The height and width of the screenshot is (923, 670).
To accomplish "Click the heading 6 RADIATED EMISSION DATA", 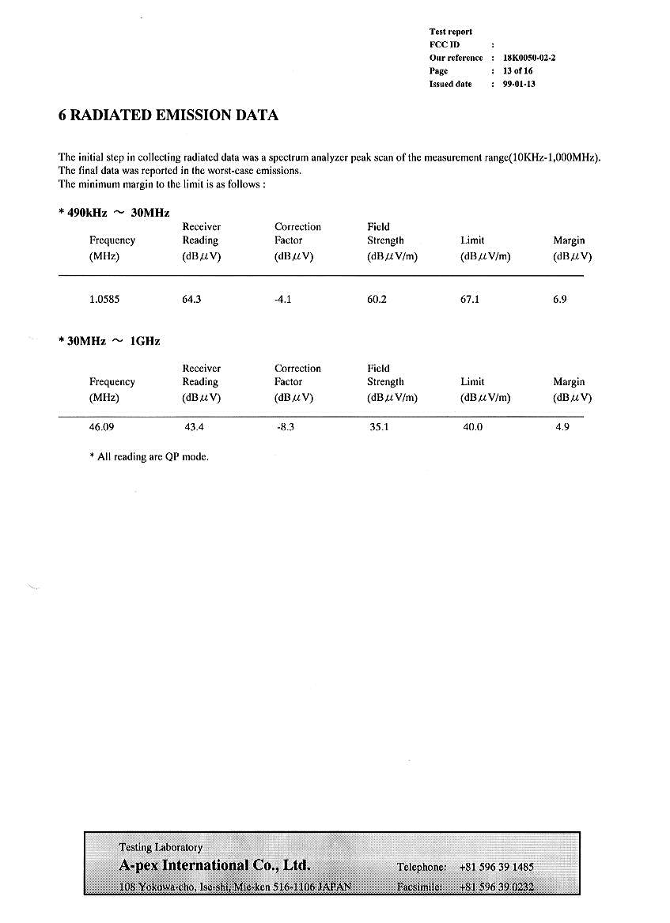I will (x=168, y=115).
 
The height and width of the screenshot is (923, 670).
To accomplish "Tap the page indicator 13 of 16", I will (x=517, y=71).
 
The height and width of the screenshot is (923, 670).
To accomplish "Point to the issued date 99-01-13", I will (x=519, y=84).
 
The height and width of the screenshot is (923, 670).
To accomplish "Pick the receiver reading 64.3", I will (x=192, y=300).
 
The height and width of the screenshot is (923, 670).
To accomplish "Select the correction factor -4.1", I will (x=282, y=300).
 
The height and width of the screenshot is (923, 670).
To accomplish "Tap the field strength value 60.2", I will (x=377, y=300).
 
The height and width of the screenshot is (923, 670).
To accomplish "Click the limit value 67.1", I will (x=470, y=300).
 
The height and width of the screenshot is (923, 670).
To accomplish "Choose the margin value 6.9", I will (x=559, y=300).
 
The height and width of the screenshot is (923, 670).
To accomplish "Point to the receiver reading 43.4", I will (x=194, y=427).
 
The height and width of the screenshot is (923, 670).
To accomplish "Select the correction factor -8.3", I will (x=285, y=427).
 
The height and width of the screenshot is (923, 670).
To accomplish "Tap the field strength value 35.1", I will (x=379, y=427).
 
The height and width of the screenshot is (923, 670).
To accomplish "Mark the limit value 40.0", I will (x=472, y=427).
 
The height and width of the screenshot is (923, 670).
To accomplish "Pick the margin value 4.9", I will (x=562, y=427).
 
